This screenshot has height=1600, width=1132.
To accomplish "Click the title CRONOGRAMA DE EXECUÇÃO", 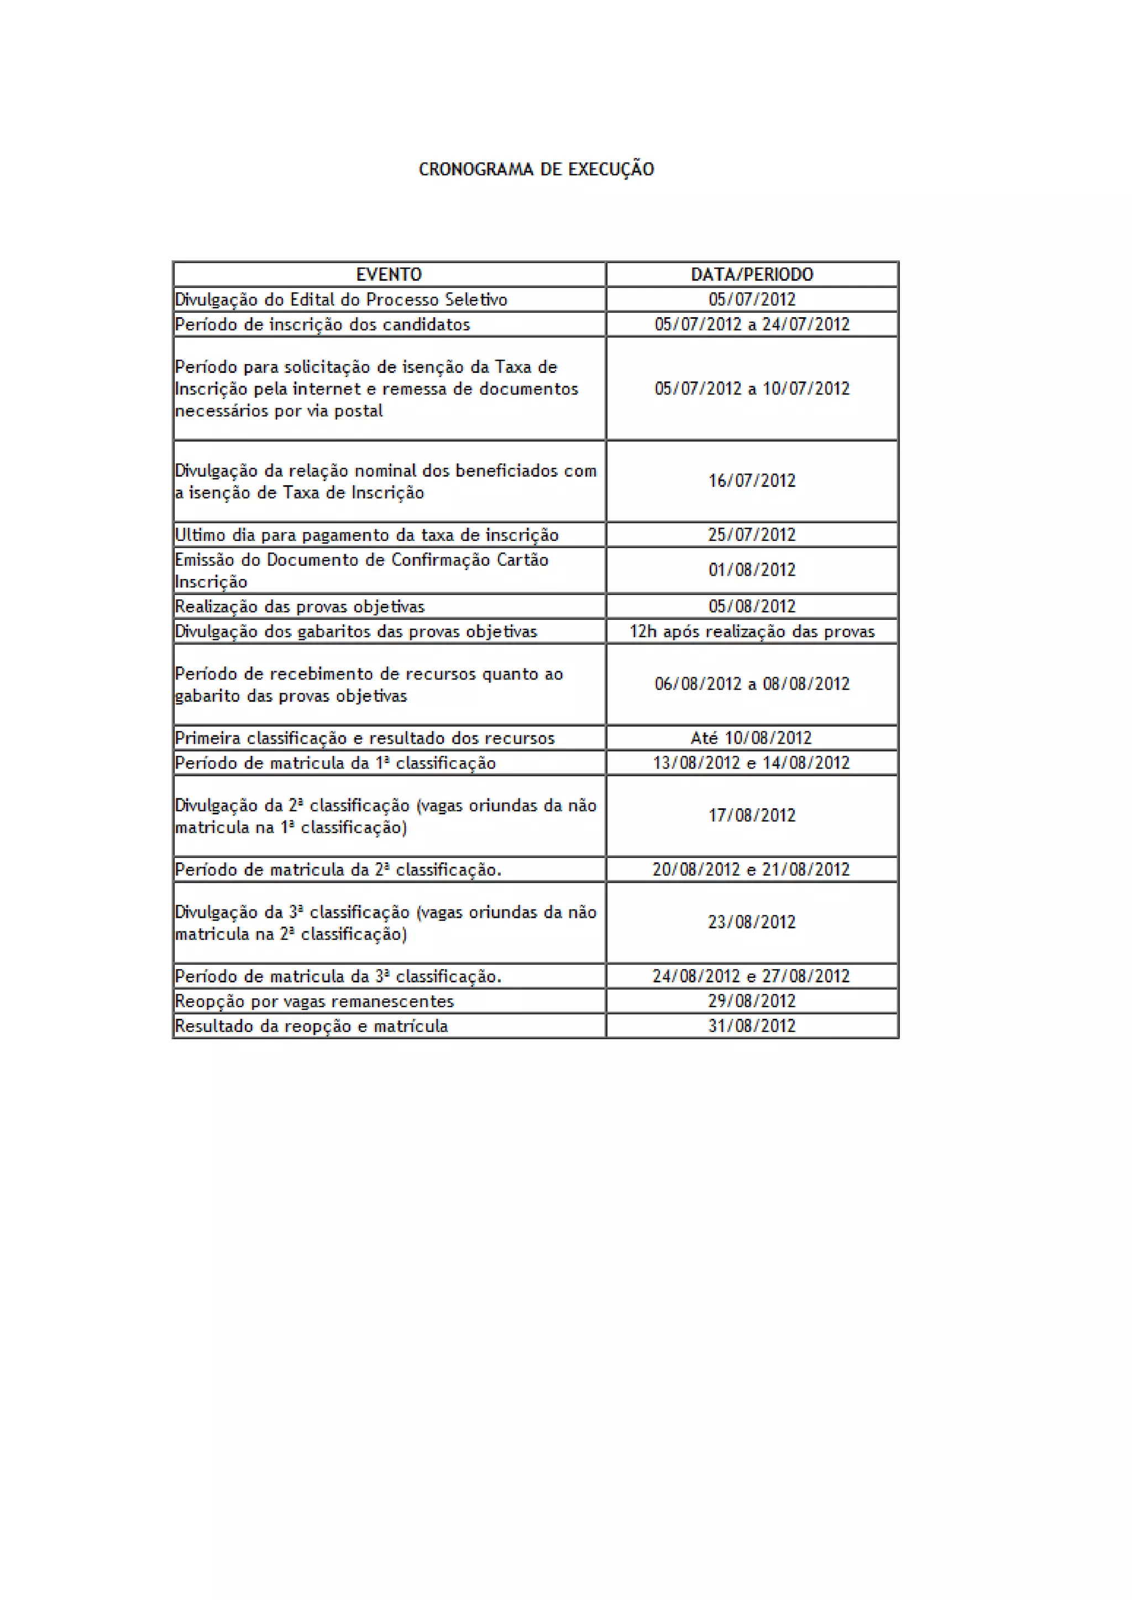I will (536, 170).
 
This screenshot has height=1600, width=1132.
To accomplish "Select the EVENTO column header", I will (389, 275).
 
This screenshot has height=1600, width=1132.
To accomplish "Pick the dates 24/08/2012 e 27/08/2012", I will (751, 976).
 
